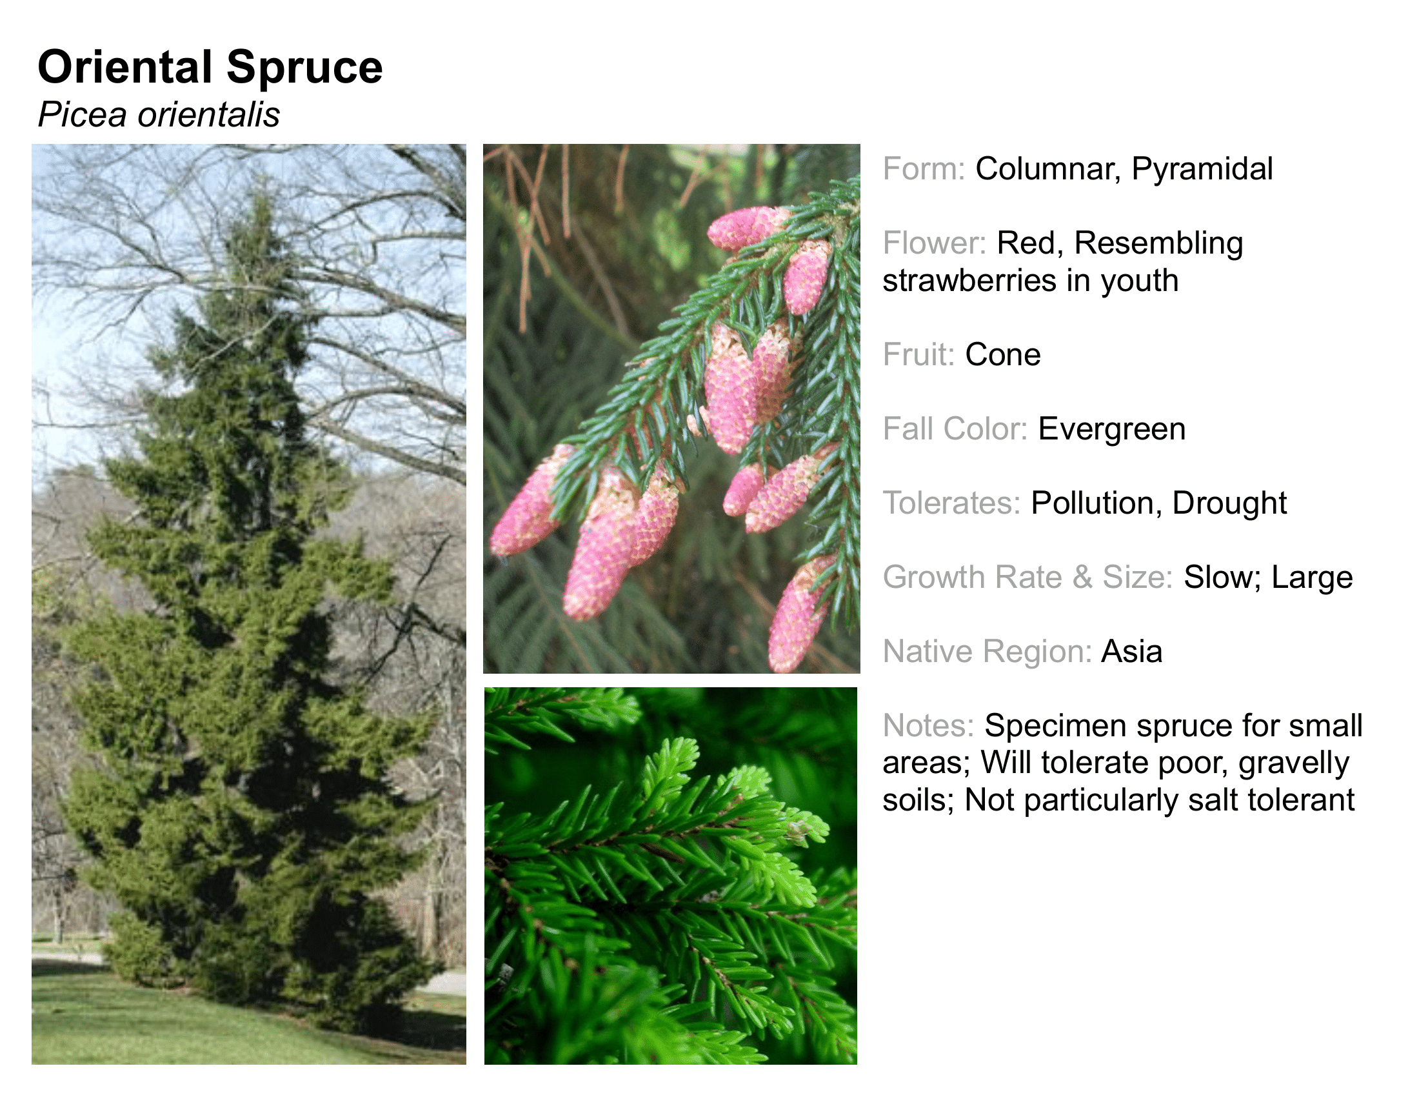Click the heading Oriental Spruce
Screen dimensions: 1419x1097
coord(210,68)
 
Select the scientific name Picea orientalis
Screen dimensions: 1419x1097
coord(159,115)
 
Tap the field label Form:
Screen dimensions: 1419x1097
coord(924,169)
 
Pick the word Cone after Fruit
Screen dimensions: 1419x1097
coord(1003,355)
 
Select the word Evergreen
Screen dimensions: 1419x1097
coord(1112,430)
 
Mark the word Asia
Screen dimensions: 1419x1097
coord(1132,652)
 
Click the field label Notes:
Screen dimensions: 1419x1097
coord(928,726)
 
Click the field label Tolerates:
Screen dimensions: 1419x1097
coord(952,503)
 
